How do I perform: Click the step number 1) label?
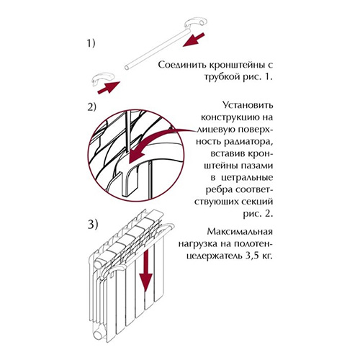click(x=91, y=43)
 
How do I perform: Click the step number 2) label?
click(x=91, y=107)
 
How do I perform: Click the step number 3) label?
click(x=93, y=225)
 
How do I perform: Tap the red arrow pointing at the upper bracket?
click(x=194, y=40)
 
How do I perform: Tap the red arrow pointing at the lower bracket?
click(x=109, y=88)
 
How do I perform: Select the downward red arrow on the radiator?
click(x=146, y=271)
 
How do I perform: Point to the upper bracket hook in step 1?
click(x=196, y=22)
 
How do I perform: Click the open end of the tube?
click(x=127, y=68)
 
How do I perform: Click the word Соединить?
click(x=181, y=65)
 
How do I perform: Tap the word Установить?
click(x=248, y=105)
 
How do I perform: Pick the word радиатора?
click(x=248, y=142)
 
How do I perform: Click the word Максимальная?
click(x=240, y=232)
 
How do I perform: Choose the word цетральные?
click(x=247, y=178)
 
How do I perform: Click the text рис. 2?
click(x=258, y=214)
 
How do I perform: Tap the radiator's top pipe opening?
click(x=98, y=264)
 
